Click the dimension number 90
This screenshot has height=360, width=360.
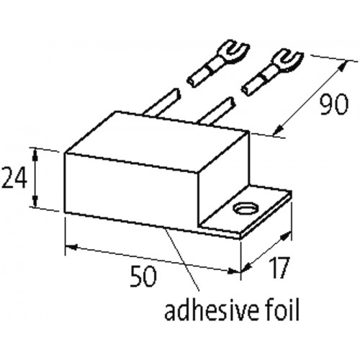pos(334,104)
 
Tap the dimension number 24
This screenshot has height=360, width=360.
pos(14,177)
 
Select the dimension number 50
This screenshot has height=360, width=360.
pos(143,276)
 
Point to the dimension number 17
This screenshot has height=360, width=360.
pos(278,268)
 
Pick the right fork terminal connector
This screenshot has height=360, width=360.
pos(271,73)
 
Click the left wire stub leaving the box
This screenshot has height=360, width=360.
pos(162,103)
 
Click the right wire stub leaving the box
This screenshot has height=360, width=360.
pos(217,112)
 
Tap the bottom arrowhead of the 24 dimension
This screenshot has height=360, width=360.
pos(35,200)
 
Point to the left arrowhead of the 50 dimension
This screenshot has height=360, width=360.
pos(71,246)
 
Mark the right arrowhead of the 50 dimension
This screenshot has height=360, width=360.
pos(234,271)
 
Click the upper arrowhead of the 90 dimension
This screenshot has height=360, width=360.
pos(343,67)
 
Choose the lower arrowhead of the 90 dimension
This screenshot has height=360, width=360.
pos(279,130)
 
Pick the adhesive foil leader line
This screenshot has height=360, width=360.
pos(182,259)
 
